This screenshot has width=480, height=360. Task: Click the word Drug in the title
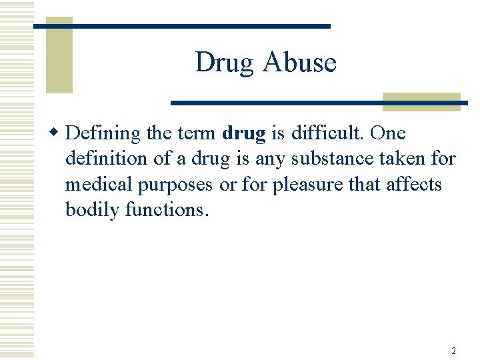pyautogui.click(x=225, y=63)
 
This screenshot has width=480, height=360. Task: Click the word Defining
pyautogui.click(x=104, y=134)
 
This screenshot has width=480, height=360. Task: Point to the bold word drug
pyautogui.click(x=244, y=134)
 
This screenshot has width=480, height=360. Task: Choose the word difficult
pyautogui.click(x=327, y=133)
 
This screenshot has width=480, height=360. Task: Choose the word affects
pyautogui.click(x=413, y=184)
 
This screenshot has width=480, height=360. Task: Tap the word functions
pyautogui.click(x=167, y=209)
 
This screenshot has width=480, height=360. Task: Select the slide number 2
pyautogui.click(x=453, y=351)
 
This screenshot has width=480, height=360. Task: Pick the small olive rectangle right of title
pyautogui.click(x=421, y=101)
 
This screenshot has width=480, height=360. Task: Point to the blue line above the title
pyautogui.click(x=182, y=26)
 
